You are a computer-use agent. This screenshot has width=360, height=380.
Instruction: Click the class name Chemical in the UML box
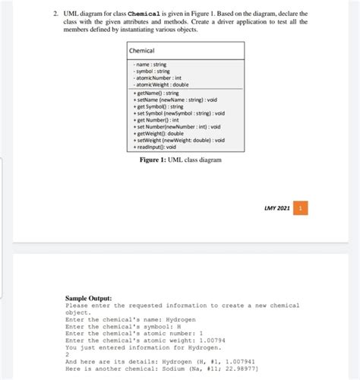tap(142, 51)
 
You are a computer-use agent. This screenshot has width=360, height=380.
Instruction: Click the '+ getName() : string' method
tap(158, 93)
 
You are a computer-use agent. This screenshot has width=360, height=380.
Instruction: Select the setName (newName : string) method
tap(174, 100)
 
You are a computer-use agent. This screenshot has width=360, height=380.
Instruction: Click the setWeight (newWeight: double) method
tap(179, 141)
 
